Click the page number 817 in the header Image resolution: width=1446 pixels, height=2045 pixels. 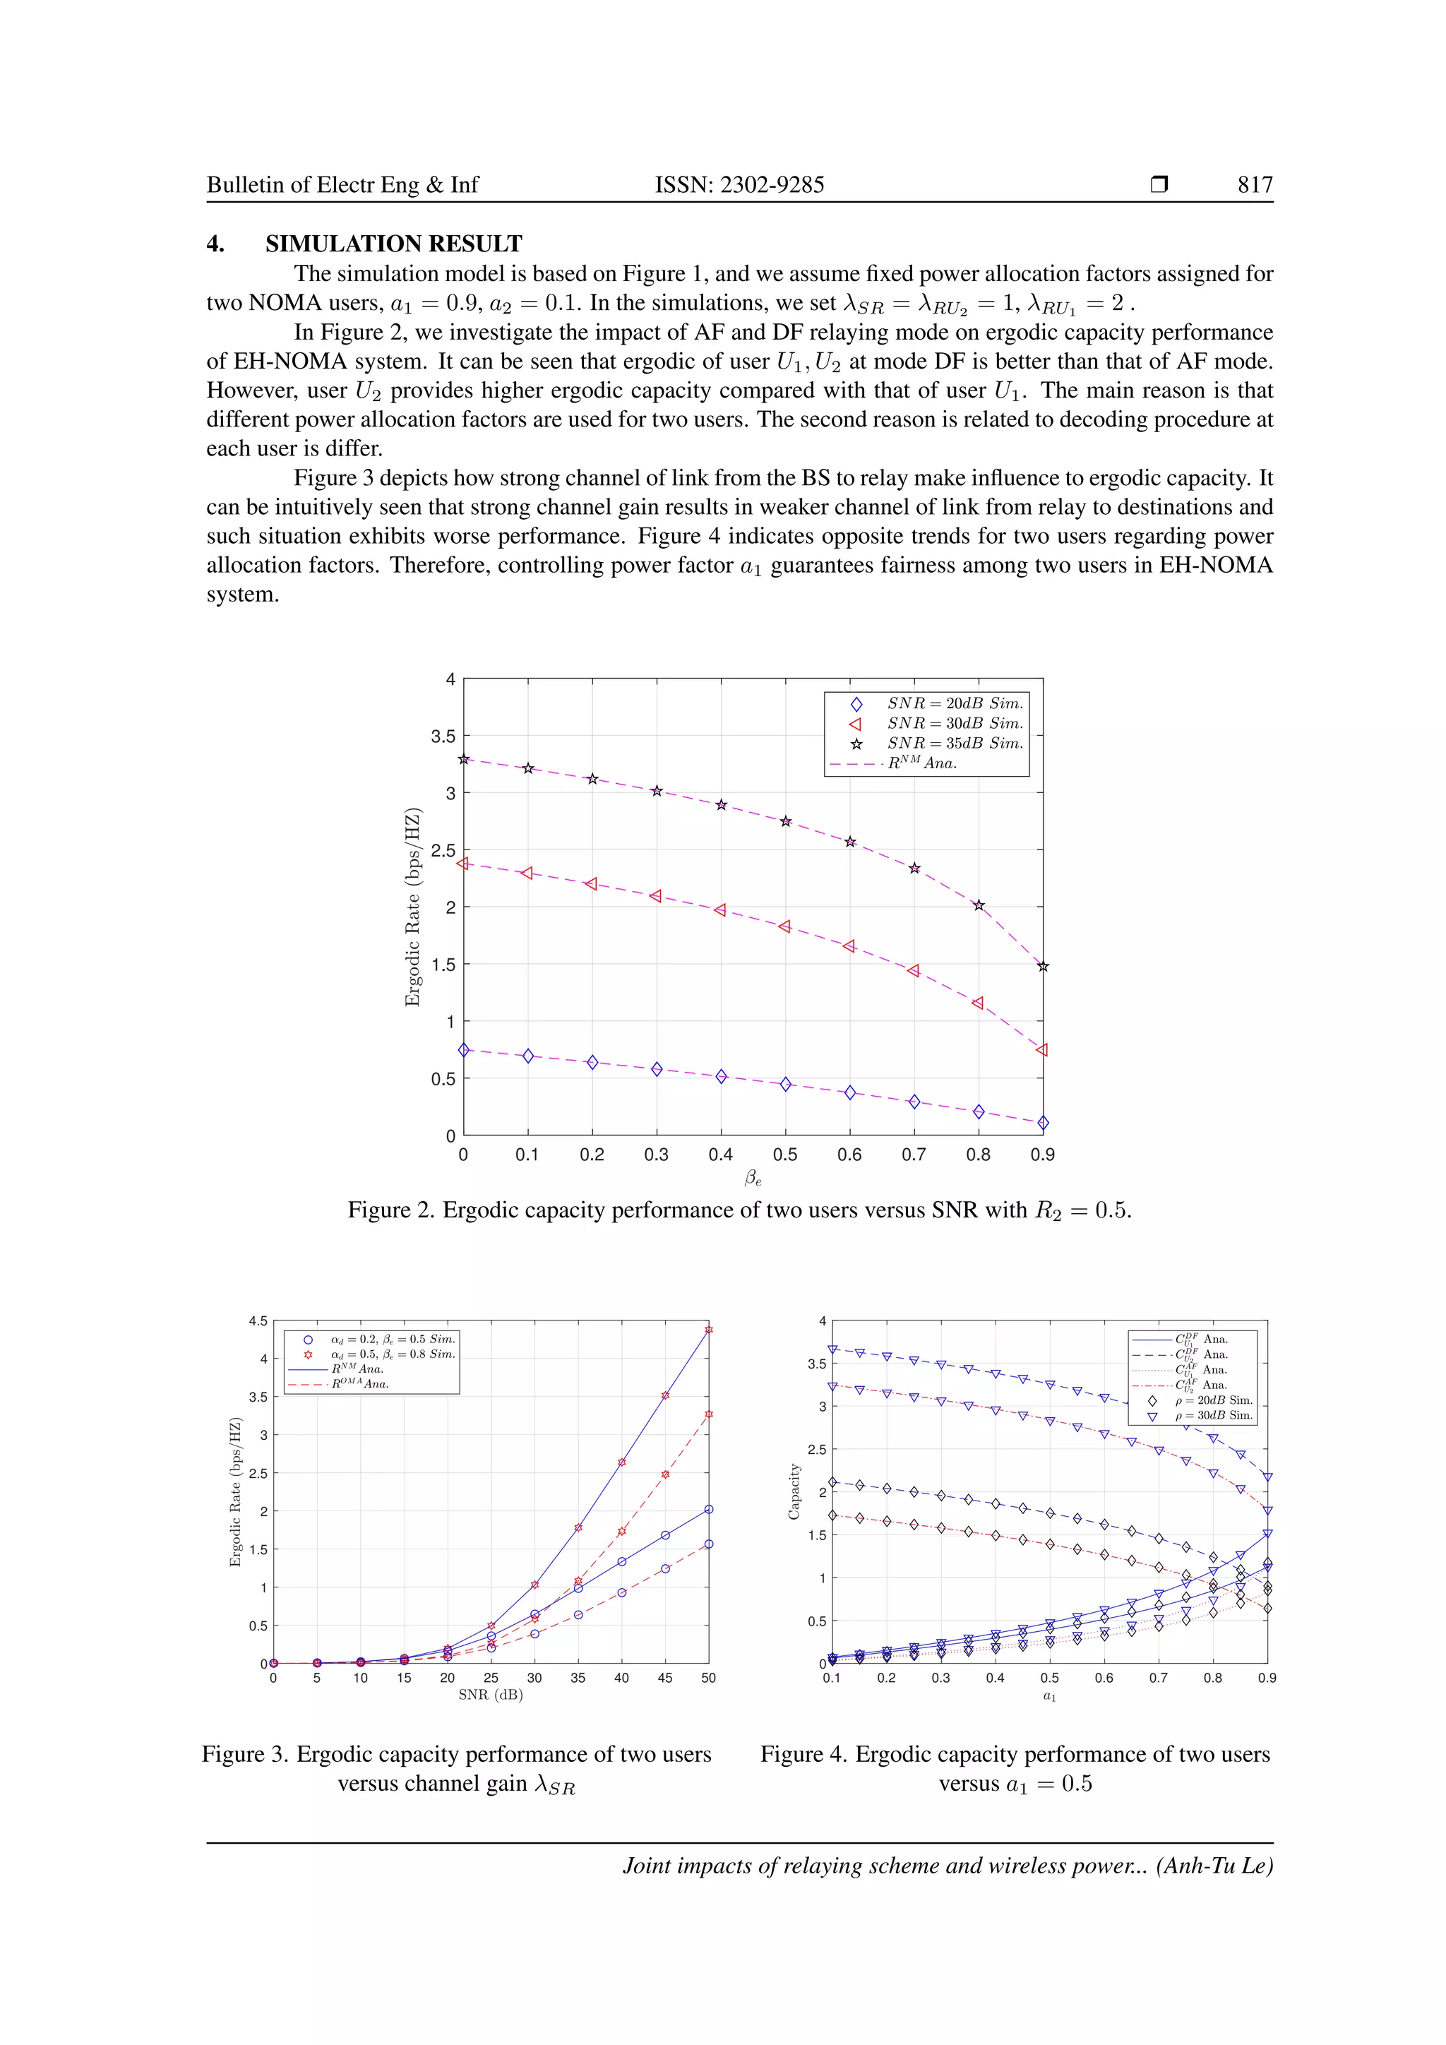(x=1255, y=184)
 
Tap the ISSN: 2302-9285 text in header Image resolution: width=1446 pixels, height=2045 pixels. (x=739, y=184)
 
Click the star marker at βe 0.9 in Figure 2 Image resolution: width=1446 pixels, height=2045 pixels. (x=1043, y=967)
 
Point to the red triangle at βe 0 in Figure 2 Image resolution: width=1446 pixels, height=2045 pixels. (x=463, y=862)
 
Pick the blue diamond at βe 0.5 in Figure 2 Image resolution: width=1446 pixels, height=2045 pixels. (x=785, y=1084)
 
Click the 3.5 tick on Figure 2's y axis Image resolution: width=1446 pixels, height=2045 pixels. (x=443, y=736)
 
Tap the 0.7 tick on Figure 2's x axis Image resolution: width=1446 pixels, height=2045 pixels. (x=914, y=1155)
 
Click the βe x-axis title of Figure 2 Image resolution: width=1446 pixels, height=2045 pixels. (x=753, y=1179)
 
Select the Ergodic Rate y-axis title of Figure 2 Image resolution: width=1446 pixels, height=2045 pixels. (x=412, y=907)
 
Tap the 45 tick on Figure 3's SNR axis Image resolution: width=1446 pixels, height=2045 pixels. (x=665, y=1677)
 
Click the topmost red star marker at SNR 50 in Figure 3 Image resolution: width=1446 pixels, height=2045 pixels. (x=709, y=1330)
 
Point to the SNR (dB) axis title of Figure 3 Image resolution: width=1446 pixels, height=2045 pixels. (x=491, y=1694)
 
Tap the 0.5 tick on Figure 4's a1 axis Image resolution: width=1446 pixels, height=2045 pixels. (x=1050, y=1677)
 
